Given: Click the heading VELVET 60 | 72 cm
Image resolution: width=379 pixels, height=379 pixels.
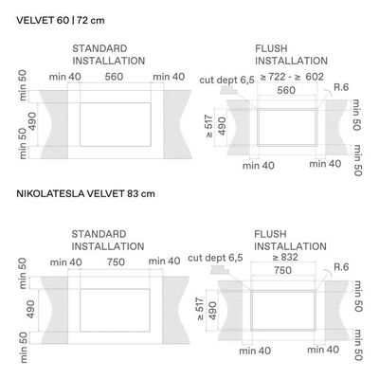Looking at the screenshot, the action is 61,21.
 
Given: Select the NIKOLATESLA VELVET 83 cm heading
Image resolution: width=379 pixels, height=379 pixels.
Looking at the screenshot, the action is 85,193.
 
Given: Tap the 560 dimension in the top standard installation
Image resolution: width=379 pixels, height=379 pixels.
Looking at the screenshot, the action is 114,77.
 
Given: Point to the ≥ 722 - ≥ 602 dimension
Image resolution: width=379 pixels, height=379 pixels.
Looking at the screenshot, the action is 292,77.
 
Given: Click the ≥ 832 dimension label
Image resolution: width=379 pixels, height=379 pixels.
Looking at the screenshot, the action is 285,257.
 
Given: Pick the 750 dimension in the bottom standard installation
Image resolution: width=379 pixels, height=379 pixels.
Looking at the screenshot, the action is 116,262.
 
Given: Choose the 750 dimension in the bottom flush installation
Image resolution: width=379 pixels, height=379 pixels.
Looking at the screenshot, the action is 282,270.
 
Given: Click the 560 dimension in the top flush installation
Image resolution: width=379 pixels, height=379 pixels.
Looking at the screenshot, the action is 286,90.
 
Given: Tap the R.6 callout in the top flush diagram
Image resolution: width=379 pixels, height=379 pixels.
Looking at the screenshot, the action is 341,87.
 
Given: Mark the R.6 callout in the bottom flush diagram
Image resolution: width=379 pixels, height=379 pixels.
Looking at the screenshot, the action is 341,267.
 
